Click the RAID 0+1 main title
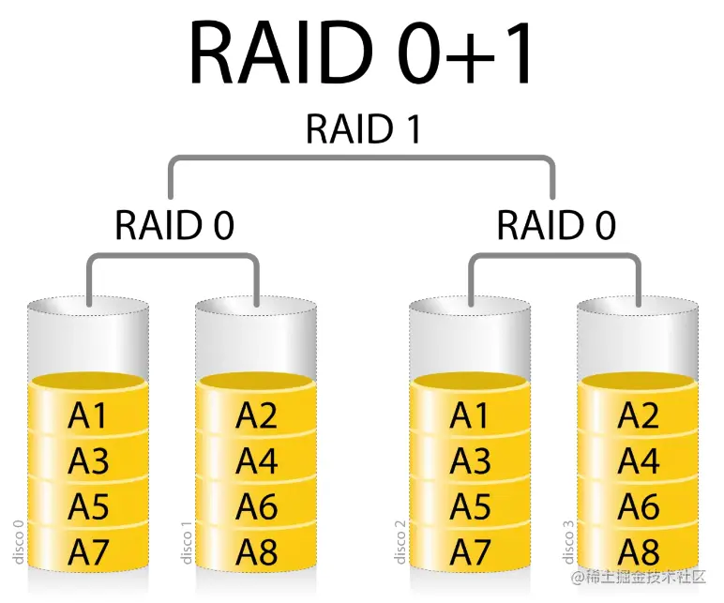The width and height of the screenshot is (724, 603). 361,53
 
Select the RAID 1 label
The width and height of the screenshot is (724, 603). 361,129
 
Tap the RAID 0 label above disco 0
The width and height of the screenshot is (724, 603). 173,225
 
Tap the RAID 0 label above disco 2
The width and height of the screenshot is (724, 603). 556,225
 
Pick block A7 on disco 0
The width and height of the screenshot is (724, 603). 88,551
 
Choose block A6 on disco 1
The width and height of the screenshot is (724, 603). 256,506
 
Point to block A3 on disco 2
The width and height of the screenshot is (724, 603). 471,461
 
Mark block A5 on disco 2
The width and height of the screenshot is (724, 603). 471,506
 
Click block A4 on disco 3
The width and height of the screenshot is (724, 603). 638,461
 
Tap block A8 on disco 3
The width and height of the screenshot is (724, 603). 638,551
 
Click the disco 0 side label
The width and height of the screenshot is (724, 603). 18,541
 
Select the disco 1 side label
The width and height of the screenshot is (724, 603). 185,541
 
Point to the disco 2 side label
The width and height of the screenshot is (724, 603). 400,541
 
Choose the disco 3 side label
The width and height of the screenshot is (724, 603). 567,541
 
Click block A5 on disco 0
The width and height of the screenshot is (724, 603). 88,506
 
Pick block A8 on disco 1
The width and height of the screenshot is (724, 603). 256,551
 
